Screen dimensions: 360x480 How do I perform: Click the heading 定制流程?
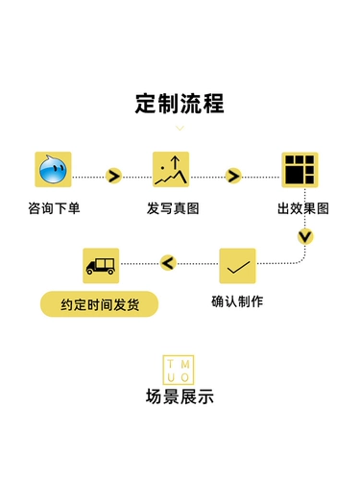[x=180, y=104]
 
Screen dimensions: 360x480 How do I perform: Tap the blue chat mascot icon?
[x=53, y=170]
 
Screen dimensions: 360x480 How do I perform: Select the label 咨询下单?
[x=54, y=208]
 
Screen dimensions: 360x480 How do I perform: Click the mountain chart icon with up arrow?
[x=171, y=170]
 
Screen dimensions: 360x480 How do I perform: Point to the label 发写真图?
[x=173, y=208]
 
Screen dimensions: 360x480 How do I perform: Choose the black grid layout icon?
[x=300, y=170]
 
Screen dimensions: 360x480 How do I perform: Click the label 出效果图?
[x=303, y=208]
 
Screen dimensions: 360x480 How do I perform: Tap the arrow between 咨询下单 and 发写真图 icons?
[x=113, y=176]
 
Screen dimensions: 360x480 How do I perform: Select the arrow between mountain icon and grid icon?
[x=233, y=176]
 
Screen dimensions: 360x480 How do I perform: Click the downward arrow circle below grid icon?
[x=305, y=237]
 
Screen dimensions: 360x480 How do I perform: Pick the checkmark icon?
[x=237, y=266]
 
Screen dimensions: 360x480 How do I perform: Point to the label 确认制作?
[x=237, y=301]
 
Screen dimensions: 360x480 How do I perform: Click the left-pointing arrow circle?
[x=168, y=263]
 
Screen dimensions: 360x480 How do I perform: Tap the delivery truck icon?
[x=101, y=266]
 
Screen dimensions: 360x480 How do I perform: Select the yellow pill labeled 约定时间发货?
[x=99, y=304]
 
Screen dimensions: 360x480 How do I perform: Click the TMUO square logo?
[x=179, y=370]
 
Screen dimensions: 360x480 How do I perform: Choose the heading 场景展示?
[x=180, y=396]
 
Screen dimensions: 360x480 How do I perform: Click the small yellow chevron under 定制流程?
[x=180, y=129]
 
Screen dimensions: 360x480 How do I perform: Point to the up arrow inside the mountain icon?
[x=175, y=162]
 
